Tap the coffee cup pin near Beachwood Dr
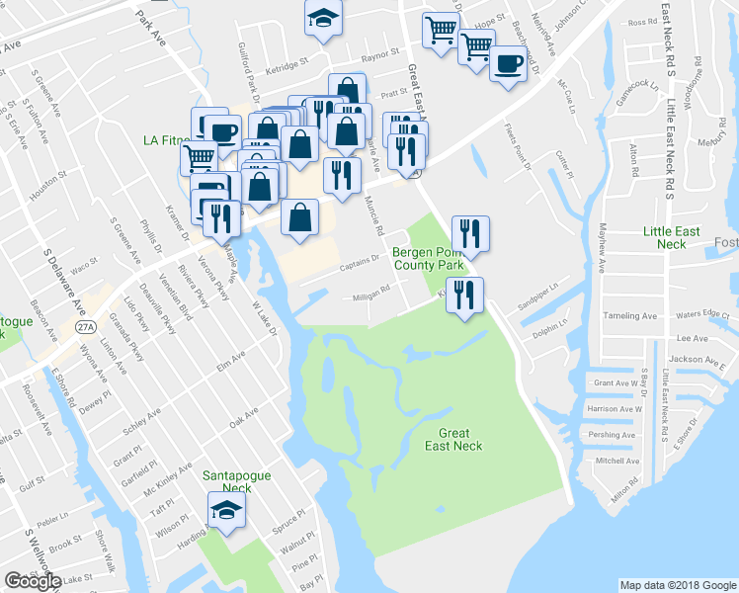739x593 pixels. coord(509,65)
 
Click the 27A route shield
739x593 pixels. coord(86,327)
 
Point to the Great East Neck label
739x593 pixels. coord(454,440)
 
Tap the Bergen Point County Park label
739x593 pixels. coord(429,259)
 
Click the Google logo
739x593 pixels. coord(33,581)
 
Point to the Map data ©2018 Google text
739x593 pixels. coord(678,585)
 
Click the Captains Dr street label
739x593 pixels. coord(361,260)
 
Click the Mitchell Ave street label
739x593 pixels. coord(617,461)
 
